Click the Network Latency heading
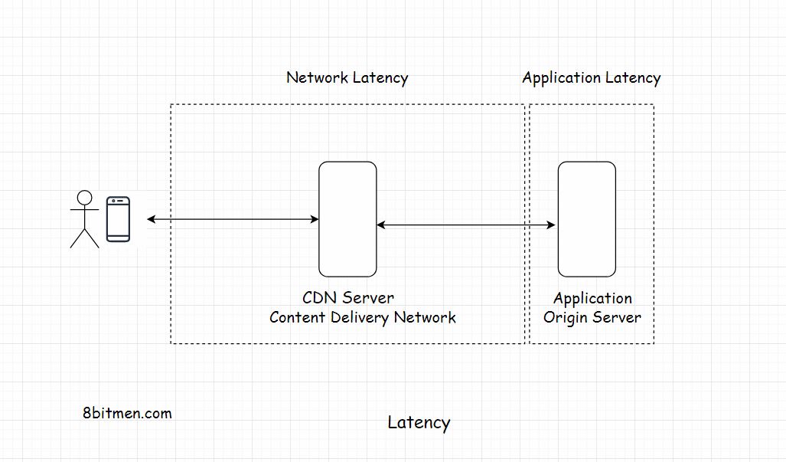[347, 78]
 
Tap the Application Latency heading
[591, 78]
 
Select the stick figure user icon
[85, 219]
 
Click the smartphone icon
[118, 219]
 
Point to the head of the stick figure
[85, 198]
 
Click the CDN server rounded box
[347, 219]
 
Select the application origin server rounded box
[586, 219]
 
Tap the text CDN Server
[348, 298]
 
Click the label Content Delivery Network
[362, 317]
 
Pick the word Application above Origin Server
[592, 299]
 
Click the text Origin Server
[592, 317]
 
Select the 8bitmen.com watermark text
[127, 413]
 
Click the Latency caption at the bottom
[419, 422]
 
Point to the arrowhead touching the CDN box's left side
[315, 220]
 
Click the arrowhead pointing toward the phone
[152, 220]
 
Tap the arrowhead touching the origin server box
[551, 225]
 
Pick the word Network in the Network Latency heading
[317, 78]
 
